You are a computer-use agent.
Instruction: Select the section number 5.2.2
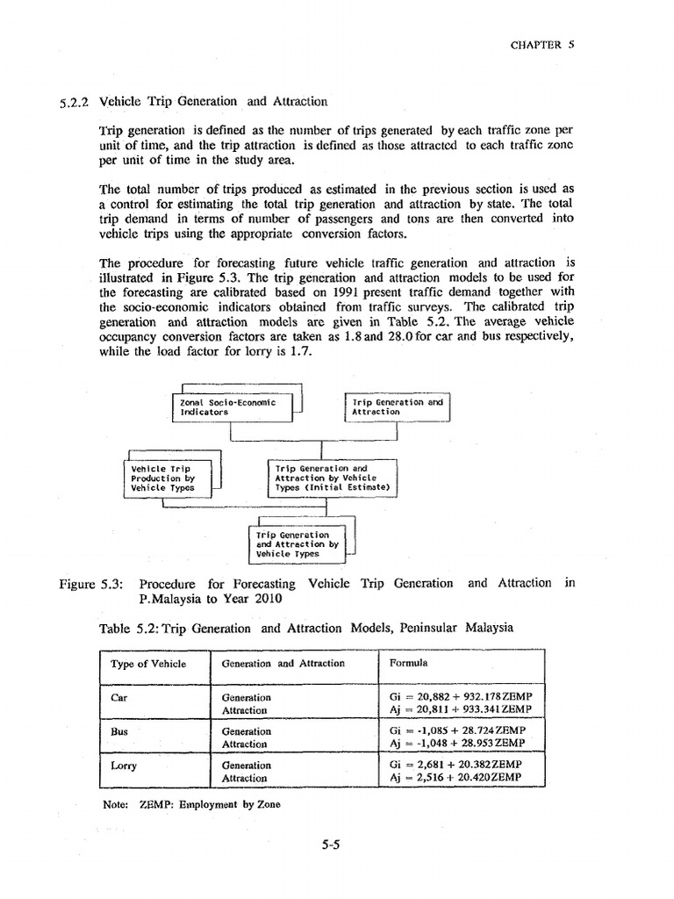73,102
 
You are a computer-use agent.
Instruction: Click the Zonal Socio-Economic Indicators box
233,406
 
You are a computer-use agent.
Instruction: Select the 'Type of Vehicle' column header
147,664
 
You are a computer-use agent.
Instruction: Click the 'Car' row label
119,697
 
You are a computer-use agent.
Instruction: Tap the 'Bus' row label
119,730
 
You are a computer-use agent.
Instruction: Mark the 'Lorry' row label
124,765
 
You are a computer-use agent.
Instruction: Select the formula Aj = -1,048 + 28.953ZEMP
457,743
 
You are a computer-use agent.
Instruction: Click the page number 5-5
330,845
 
